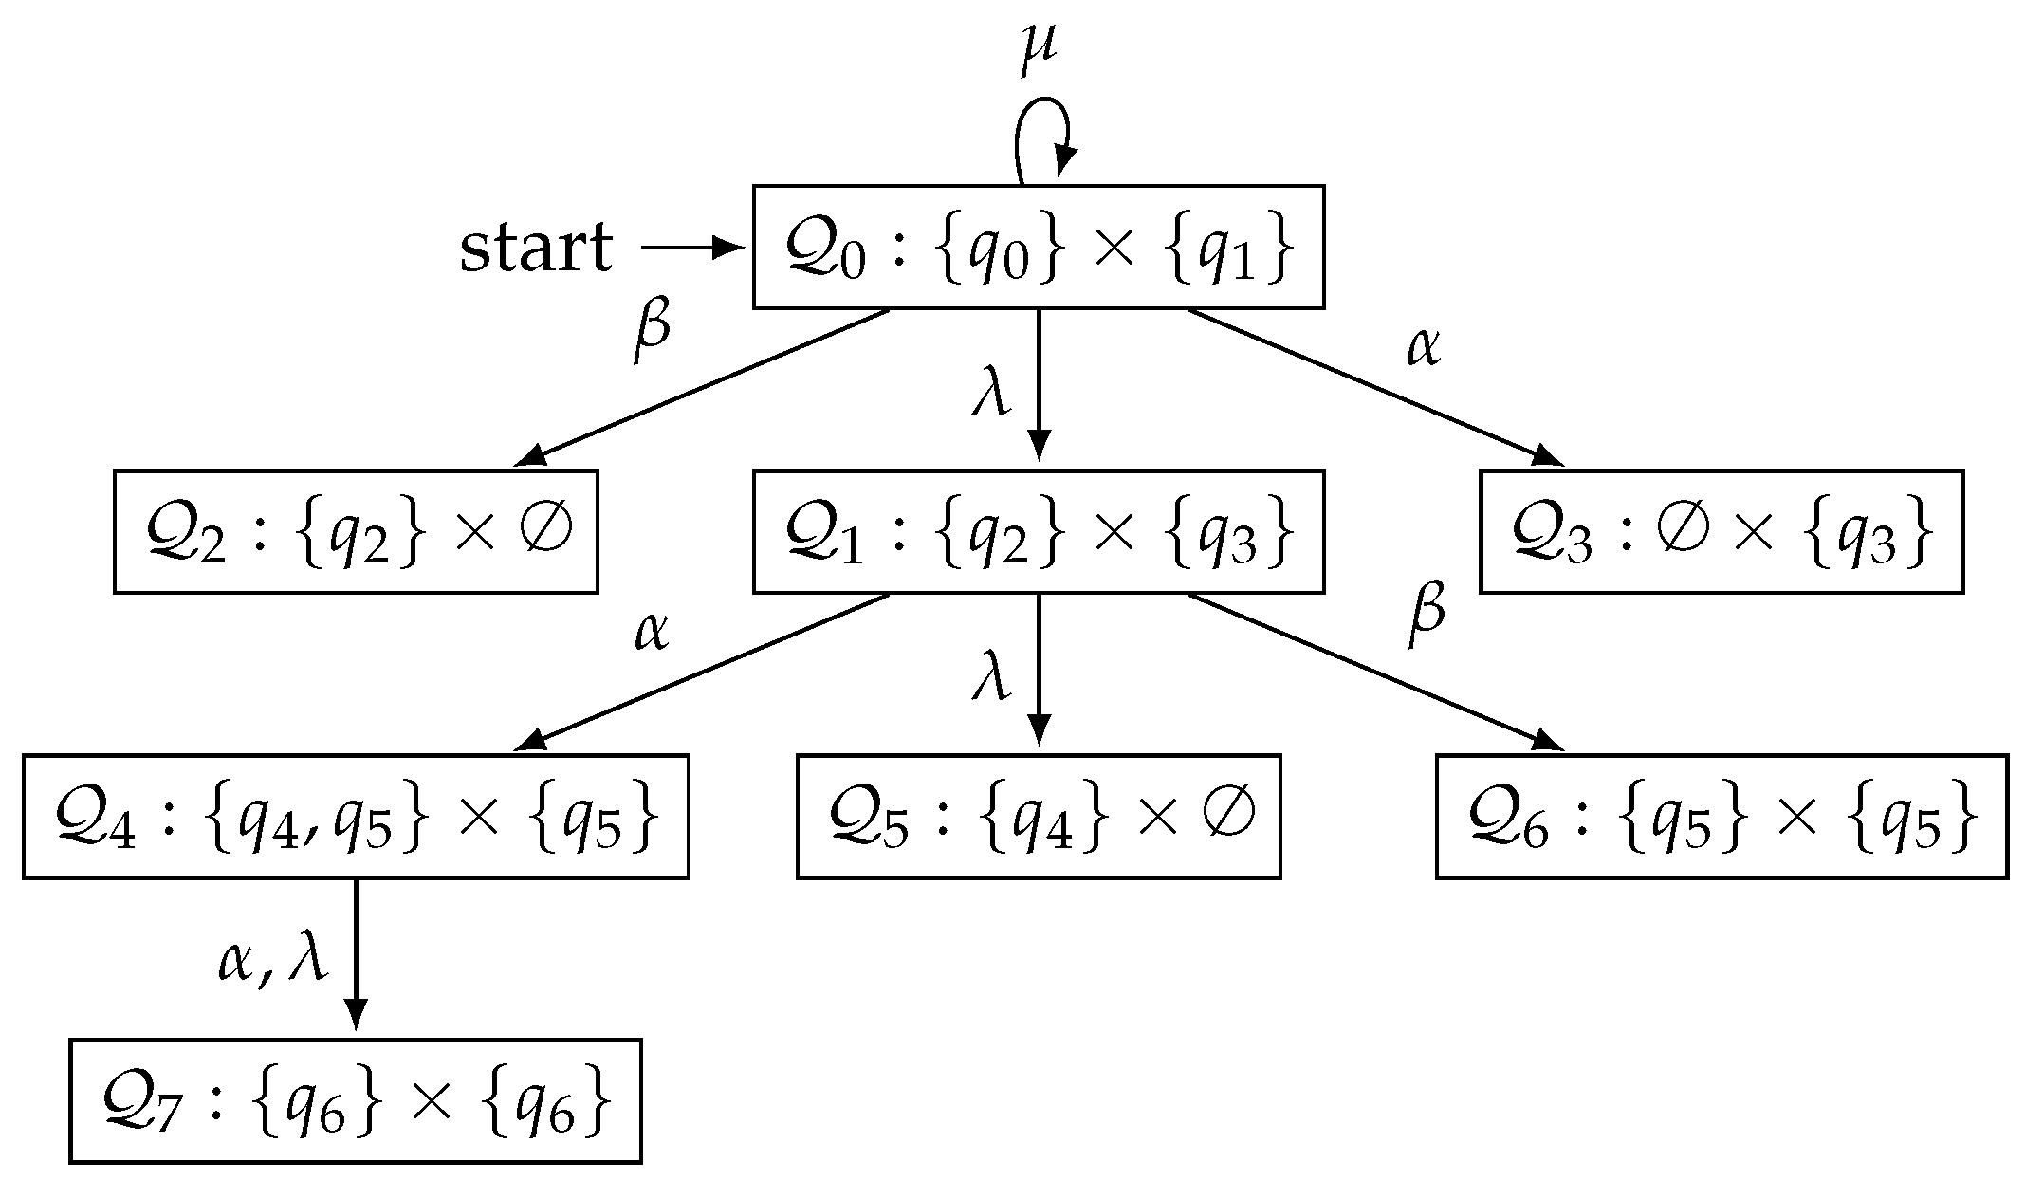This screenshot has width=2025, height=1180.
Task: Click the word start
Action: tap(536, 249)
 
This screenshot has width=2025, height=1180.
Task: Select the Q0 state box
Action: tap(1039, 248)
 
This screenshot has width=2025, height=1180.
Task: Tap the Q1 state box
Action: tap(1039, 531)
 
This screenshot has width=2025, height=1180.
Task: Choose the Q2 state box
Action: tap(356, 531)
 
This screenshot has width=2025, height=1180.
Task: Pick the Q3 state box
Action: tap(1721, 531)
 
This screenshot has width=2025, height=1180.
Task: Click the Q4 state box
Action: tap(356, 817)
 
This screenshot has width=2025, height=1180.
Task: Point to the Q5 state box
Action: tap(1039, 817)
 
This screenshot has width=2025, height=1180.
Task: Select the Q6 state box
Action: tap(1721, 817)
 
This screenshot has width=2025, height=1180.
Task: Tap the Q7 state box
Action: tap(356, 1101)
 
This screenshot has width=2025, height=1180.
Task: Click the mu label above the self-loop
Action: tap(1039, 52)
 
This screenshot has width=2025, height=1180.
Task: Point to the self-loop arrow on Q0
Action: tap(1042, 133)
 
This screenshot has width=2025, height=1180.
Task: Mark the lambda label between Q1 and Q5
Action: tap(992, 675)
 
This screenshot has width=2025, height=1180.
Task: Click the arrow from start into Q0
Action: tap(690, 249)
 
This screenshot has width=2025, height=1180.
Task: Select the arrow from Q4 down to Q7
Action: tap(356, 953)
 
